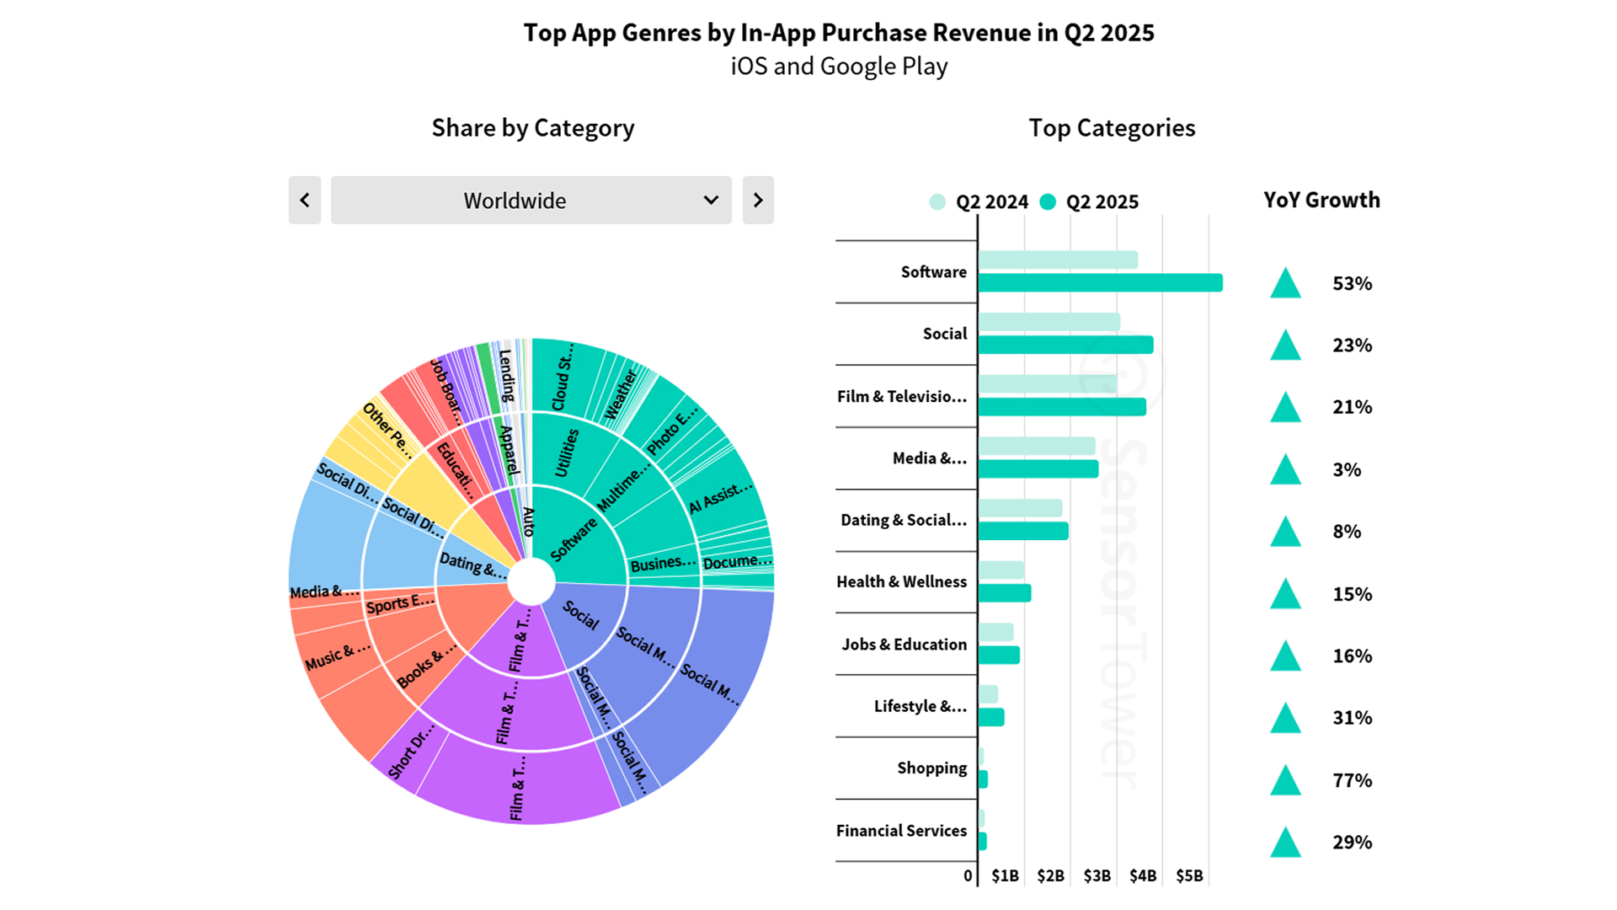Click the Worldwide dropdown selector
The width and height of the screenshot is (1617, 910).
pos(531,201)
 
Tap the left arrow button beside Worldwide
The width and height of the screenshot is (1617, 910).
pos(305,201)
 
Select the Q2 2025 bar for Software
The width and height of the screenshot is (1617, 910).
pos(1100,283)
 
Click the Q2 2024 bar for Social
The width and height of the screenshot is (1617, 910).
pos(1049,322)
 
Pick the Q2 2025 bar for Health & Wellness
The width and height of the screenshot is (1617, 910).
pos(1005,593)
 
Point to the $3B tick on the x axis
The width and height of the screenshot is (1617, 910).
pos(1097,875)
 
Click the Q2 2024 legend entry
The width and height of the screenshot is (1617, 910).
pos(979,202)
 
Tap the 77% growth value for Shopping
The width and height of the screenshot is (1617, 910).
pos(1352,780)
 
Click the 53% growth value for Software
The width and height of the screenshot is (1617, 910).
pos(1352,284)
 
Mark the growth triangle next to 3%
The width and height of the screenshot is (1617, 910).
pos(1285,469)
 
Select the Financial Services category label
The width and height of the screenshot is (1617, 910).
pos(901,831)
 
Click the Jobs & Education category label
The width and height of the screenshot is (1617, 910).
pos(904,645)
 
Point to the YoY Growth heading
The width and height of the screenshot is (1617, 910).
pos(1321,201)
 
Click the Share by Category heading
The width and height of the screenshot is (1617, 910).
pos(532,128)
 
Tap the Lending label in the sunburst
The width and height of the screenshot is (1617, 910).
pos(506,375)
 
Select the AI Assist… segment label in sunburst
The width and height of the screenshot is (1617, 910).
pos(720,497)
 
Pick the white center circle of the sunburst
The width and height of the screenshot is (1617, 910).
pos(531,581)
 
